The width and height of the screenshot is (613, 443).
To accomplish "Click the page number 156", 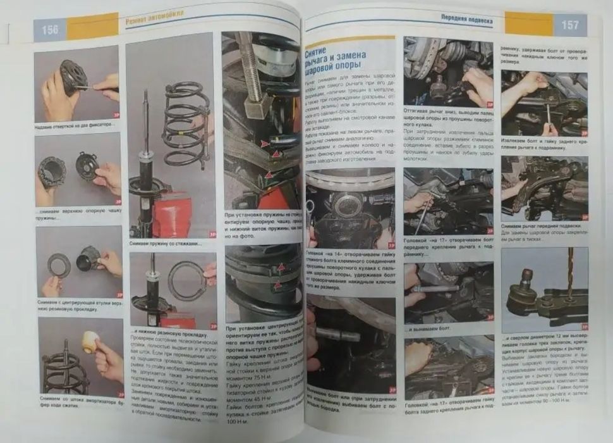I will [50, 30].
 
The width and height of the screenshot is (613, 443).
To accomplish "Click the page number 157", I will [569, 26].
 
